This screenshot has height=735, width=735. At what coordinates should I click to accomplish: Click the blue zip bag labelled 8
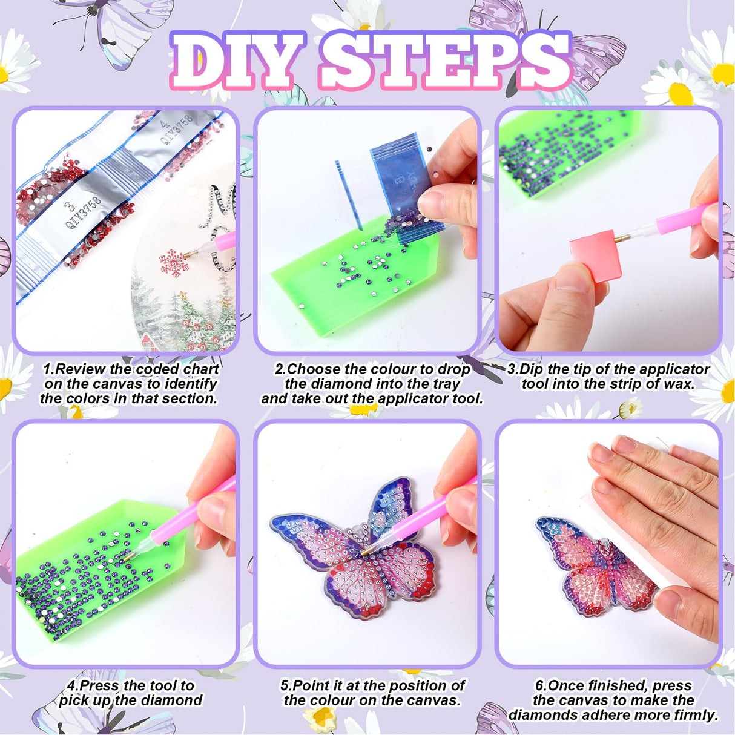pyautogui.click(x=406, y=185)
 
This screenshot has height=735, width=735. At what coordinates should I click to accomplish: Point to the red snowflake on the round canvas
pyautogui.click(x=174, y=262)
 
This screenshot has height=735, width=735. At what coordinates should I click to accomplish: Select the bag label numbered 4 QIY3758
pyautogui.click(x=176, y=130)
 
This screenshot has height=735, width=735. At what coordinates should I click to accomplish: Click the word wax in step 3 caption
pyautogui.click(x=679, y=383)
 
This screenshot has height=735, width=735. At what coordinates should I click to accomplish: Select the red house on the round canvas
pyautogui.click(x=150, y=341)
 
